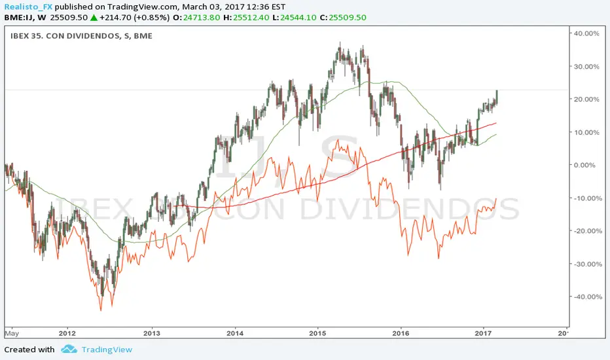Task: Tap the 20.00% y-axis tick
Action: pos(588,99)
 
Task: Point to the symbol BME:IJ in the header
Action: pos(17,17)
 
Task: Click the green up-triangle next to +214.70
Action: pos(96,17)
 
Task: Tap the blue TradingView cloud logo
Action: pos(69,350)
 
